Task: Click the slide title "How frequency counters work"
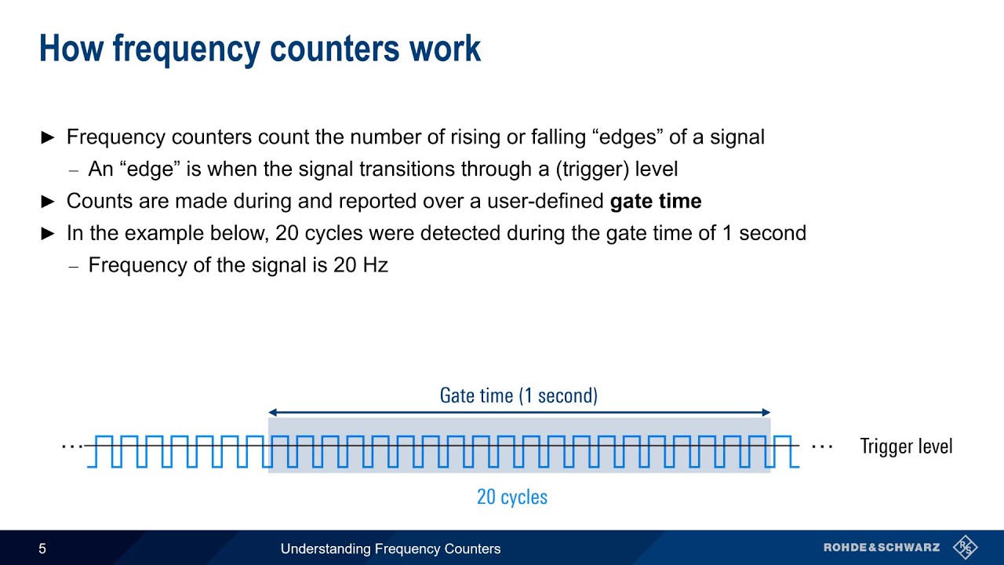coord(260,49)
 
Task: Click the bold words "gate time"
coord(656,201)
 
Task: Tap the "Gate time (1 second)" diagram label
coord(518,395)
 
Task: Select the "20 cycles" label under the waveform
coord(512,497)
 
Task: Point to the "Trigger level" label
coord(906,447)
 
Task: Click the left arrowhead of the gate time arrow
coord(272,412)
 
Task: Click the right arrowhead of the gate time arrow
coord(766,412)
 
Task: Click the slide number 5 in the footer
coord(42,549)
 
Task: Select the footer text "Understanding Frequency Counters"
coord(391,549)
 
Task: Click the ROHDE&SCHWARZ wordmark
coord(882,547)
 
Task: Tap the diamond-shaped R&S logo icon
coord(965,547)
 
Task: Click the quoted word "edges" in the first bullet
coord(630,137)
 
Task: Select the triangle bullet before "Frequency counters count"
coord(48,137)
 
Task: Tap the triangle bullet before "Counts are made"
coord(48,202)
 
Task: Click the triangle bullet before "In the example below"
coord(48,234)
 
